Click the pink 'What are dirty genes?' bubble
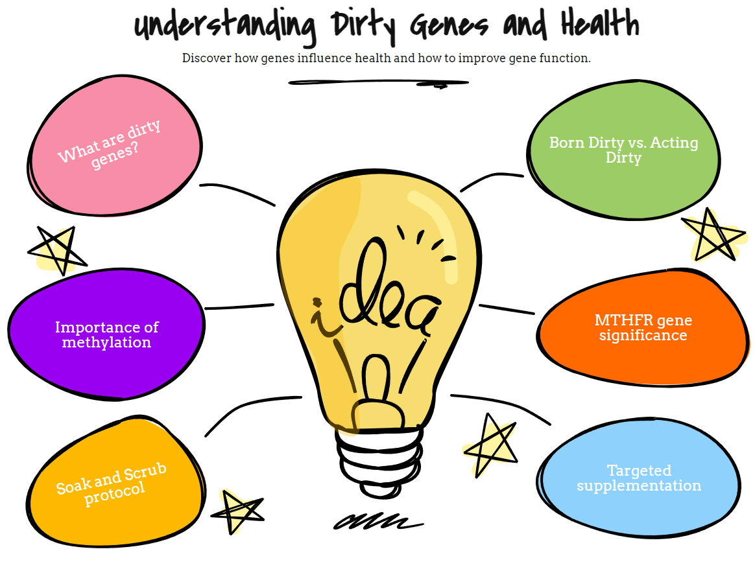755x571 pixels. (x=115, y=145)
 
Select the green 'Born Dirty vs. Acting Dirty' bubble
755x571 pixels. (x=623, y=150)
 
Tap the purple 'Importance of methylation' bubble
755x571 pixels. (x=106, y=334)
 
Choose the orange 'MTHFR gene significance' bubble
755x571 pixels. (x=643, y=327)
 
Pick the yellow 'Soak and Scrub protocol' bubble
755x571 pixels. (x=115, y=482)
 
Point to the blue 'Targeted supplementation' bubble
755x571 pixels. (x=638, y=478)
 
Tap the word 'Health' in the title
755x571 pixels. (x=600, y=23)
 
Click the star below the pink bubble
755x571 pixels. (x=57, y=250)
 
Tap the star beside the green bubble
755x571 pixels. (x=714, y=235)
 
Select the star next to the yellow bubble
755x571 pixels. (x=237, y=511)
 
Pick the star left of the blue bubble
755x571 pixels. (x=490, y=445)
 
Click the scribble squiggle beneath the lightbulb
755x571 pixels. (x=378, y=522)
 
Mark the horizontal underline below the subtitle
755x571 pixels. (x=378, y=84)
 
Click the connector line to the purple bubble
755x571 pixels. (x=239, y=307)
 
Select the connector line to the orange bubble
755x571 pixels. (x=507, y=309)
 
